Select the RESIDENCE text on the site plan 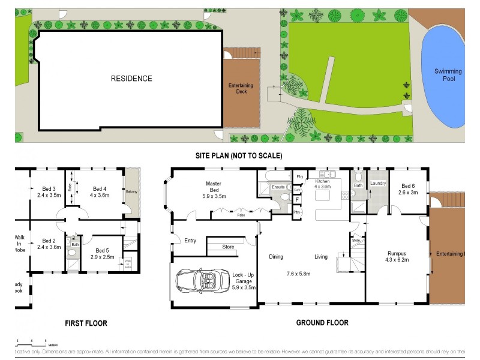pos(131,79)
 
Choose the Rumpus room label pos(397,257)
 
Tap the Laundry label pos(377,183)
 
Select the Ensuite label pos(278,188)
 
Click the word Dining pos(276,257)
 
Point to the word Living pos(321,257)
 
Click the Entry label pos(190,241)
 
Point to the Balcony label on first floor pos(131,192)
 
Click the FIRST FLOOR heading pos(86,323)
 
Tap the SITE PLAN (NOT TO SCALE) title pos(239,155)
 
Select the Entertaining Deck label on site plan pos(241,89)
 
